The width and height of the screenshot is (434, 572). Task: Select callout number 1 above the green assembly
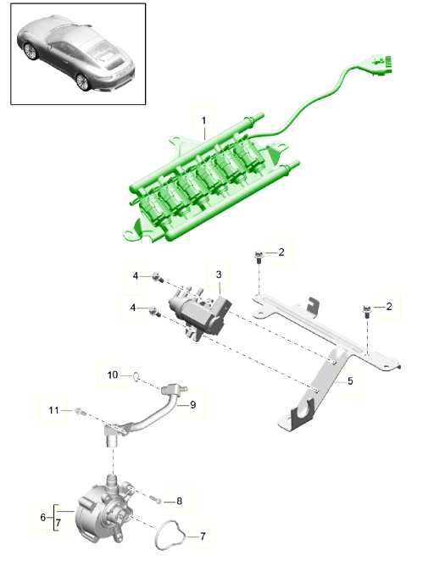pyautogui.click(x=203, y=121)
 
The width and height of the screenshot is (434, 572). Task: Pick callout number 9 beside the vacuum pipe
pyautogui.click(x=192, y=405)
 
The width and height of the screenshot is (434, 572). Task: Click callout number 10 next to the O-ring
pyautogui.click(x=113, y=374)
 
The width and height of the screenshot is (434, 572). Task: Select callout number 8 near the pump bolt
pyautogui.click(x=178, y=501)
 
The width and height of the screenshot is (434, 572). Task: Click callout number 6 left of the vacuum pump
pyautogui.click(x=43, y=517)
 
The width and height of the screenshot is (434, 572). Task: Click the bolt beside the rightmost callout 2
pyautogui.click(x=365, y=310)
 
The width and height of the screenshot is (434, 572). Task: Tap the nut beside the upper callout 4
pyautogui.click(x=158, y=275)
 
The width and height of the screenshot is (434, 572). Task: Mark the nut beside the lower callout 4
pyautogui.click(x=153, y=313)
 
